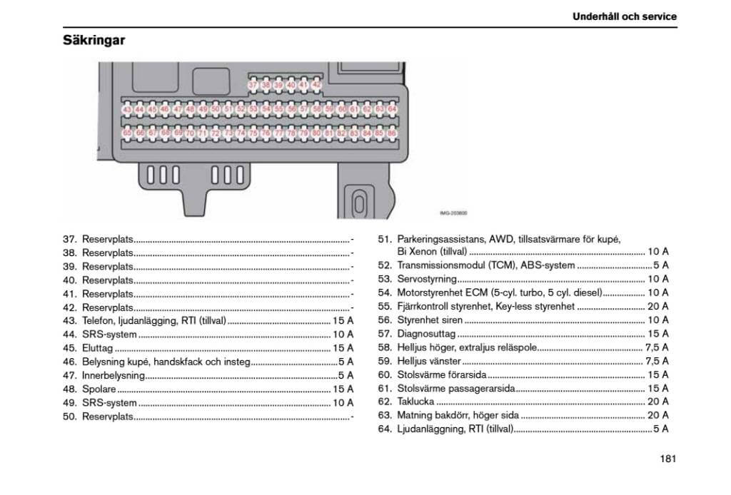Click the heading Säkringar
[x=94, y=40]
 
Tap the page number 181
[x=667, y=459]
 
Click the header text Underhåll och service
[x=624, y=16]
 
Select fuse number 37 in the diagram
[x=253, y=85]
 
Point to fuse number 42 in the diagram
[x=317, y=85]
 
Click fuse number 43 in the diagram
[x=127, y=110]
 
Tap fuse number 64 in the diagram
[x=392, y=110]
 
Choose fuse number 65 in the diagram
[x=127, y=133]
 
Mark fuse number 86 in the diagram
[x=392, y=133]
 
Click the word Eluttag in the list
[x=98, y=348]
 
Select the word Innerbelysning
[x=114, y=375]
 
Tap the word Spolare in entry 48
[x=99, y=389]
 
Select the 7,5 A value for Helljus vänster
[x=657, y=361]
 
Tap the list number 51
[x=385, y=239]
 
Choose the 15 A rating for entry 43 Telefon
[x=343, y=321]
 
